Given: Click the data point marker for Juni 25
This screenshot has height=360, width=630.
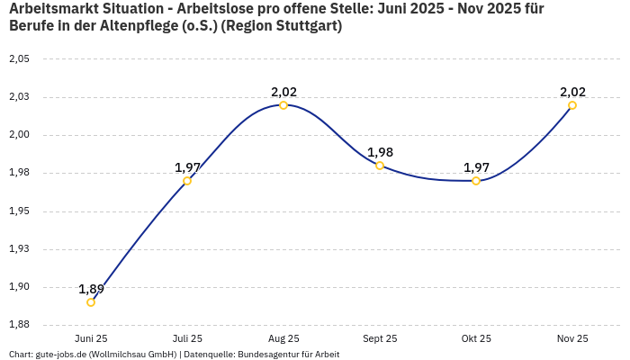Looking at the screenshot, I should click(91, 302).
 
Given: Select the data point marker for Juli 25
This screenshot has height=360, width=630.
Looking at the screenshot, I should click(187, 181).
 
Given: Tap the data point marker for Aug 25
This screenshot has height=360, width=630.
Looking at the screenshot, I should click(283, 105).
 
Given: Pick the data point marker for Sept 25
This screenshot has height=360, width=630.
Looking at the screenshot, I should click(380, 166).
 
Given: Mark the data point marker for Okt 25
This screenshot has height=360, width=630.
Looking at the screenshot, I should click(476, 181).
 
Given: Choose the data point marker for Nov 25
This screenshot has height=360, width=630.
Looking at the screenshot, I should click(572, 105).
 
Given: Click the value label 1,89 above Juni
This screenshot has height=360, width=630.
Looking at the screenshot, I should click(91, 289).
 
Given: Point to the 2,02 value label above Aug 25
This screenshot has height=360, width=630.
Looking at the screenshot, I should click(283, 92).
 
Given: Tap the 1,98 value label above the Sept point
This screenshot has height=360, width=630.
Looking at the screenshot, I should click(380, 152).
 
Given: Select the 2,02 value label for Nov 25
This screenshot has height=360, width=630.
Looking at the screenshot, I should click(572, 92).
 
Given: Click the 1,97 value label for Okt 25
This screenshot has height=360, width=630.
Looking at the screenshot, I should click(476, 167).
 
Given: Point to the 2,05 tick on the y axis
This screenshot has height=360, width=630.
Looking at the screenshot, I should click(19, 58).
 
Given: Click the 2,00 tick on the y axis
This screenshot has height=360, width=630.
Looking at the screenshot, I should click(19, 135).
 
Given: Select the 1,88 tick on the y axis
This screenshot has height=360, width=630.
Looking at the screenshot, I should click(19, 324).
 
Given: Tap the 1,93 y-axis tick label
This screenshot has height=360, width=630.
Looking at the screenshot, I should click(19, 249).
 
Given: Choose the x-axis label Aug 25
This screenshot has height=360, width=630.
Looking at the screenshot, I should click(283, 338).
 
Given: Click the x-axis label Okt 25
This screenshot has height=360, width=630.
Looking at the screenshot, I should click(476, 338).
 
